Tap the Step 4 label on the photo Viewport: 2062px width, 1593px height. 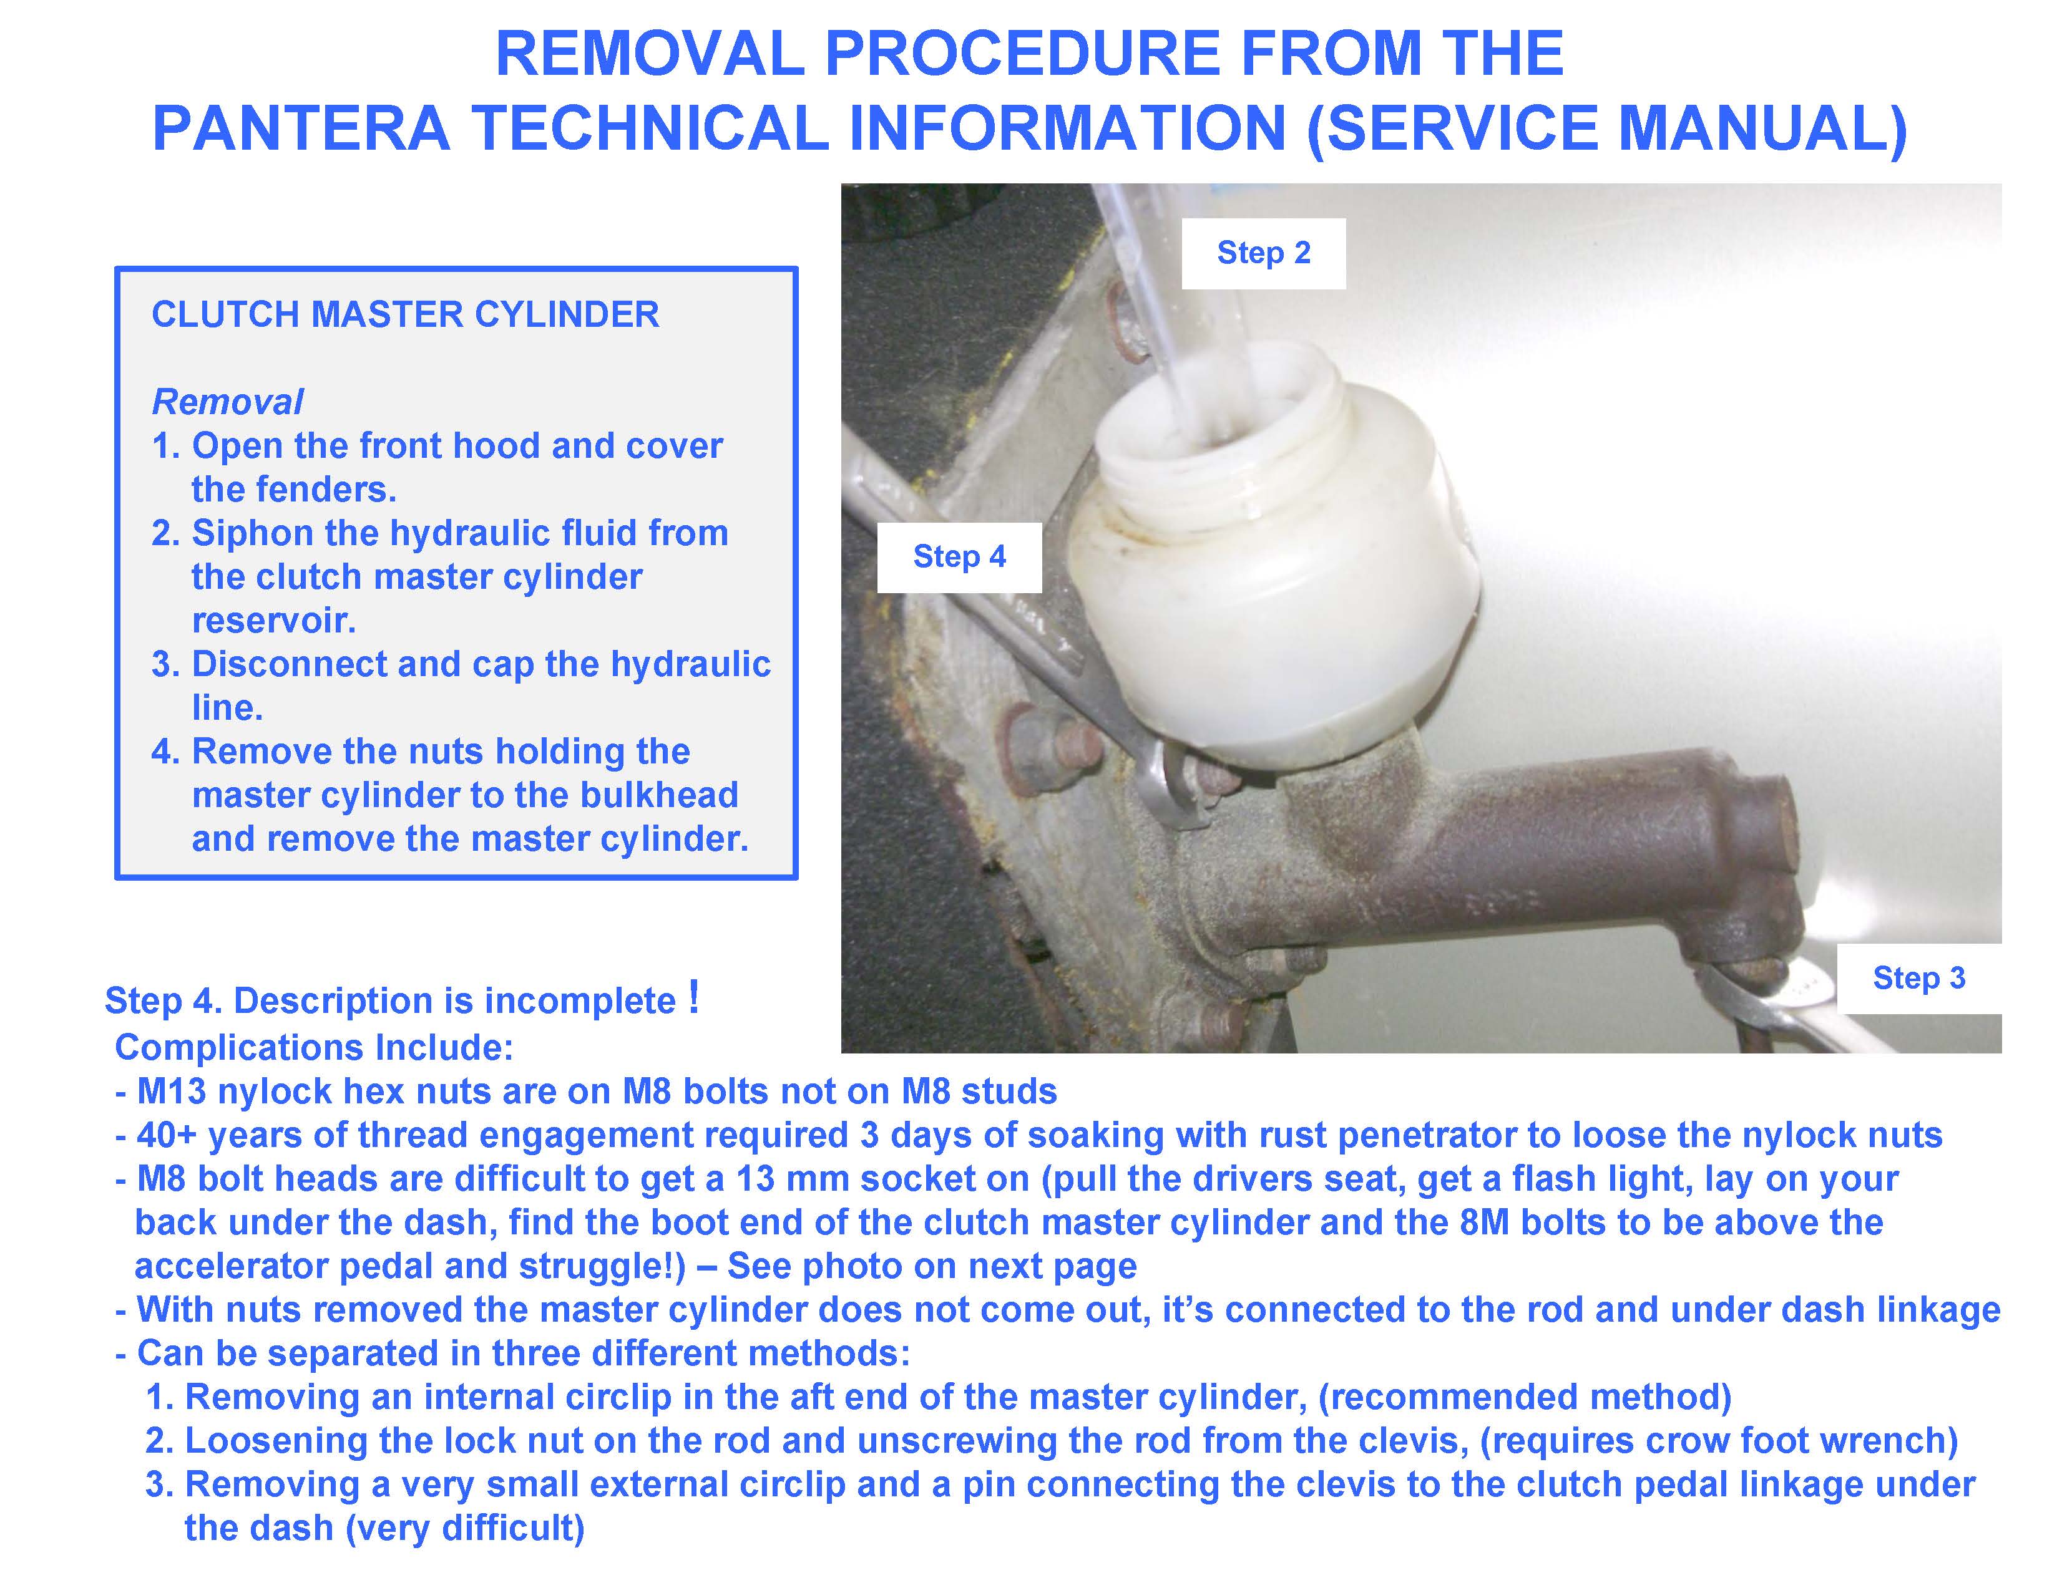click(959, 557)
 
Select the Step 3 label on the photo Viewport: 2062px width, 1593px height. click(1918, 978)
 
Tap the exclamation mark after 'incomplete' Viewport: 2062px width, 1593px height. click(694, 997)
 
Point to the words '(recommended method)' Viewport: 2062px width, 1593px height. click(1524, 1398)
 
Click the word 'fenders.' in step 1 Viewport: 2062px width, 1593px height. click(293, 490)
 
